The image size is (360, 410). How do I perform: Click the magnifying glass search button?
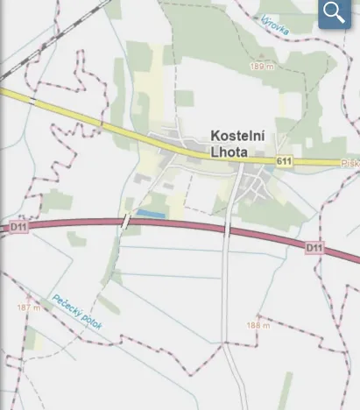point(334,13)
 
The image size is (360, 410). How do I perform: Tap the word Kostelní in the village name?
point(238,136)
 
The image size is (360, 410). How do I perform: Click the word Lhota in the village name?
point(229,152)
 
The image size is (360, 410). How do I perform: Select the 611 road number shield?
point(282,162)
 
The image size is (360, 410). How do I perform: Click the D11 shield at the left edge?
point(19,227)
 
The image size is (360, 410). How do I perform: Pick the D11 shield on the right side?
point(314,249)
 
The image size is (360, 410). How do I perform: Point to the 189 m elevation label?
point(261,67)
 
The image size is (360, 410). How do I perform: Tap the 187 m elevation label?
point(29,308)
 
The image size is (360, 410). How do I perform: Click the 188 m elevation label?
point(258,325)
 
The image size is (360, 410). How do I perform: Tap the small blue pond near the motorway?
point(150,214)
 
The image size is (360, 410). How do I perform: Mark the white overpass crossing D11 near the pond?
point(127,221)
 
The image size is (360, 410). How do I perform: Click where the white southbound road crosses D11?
point(227,230)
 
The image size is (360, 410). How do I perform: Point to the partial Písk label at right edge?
point(349,163)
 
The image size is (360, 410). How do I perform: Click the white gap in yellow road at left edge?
point(33,101)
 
